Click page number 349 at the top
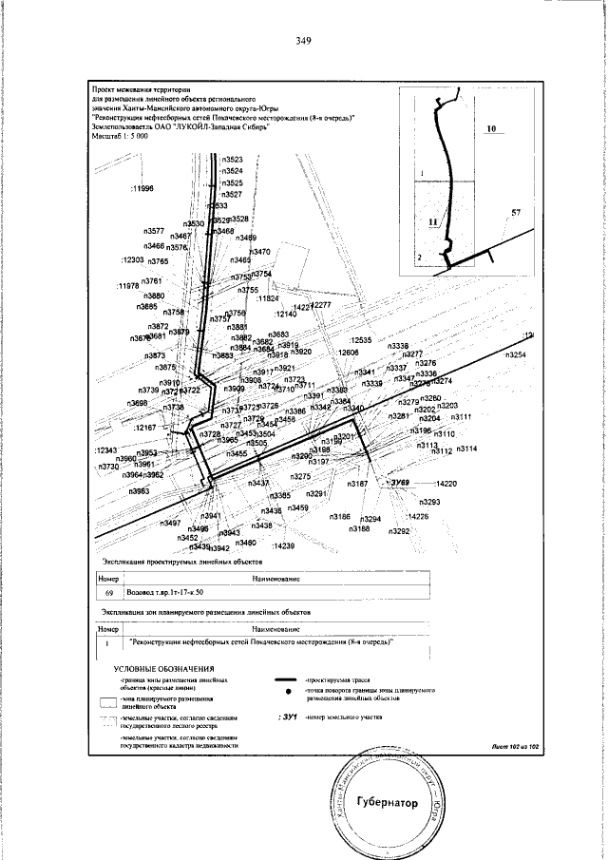(x=304, y=41)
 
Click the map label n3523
(x=233, y=160)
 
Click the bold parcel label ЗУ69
(x=398, y=484)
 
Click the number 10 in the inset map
(x=490, y=127)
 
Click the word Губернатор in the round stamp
(x=387, y=802)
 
